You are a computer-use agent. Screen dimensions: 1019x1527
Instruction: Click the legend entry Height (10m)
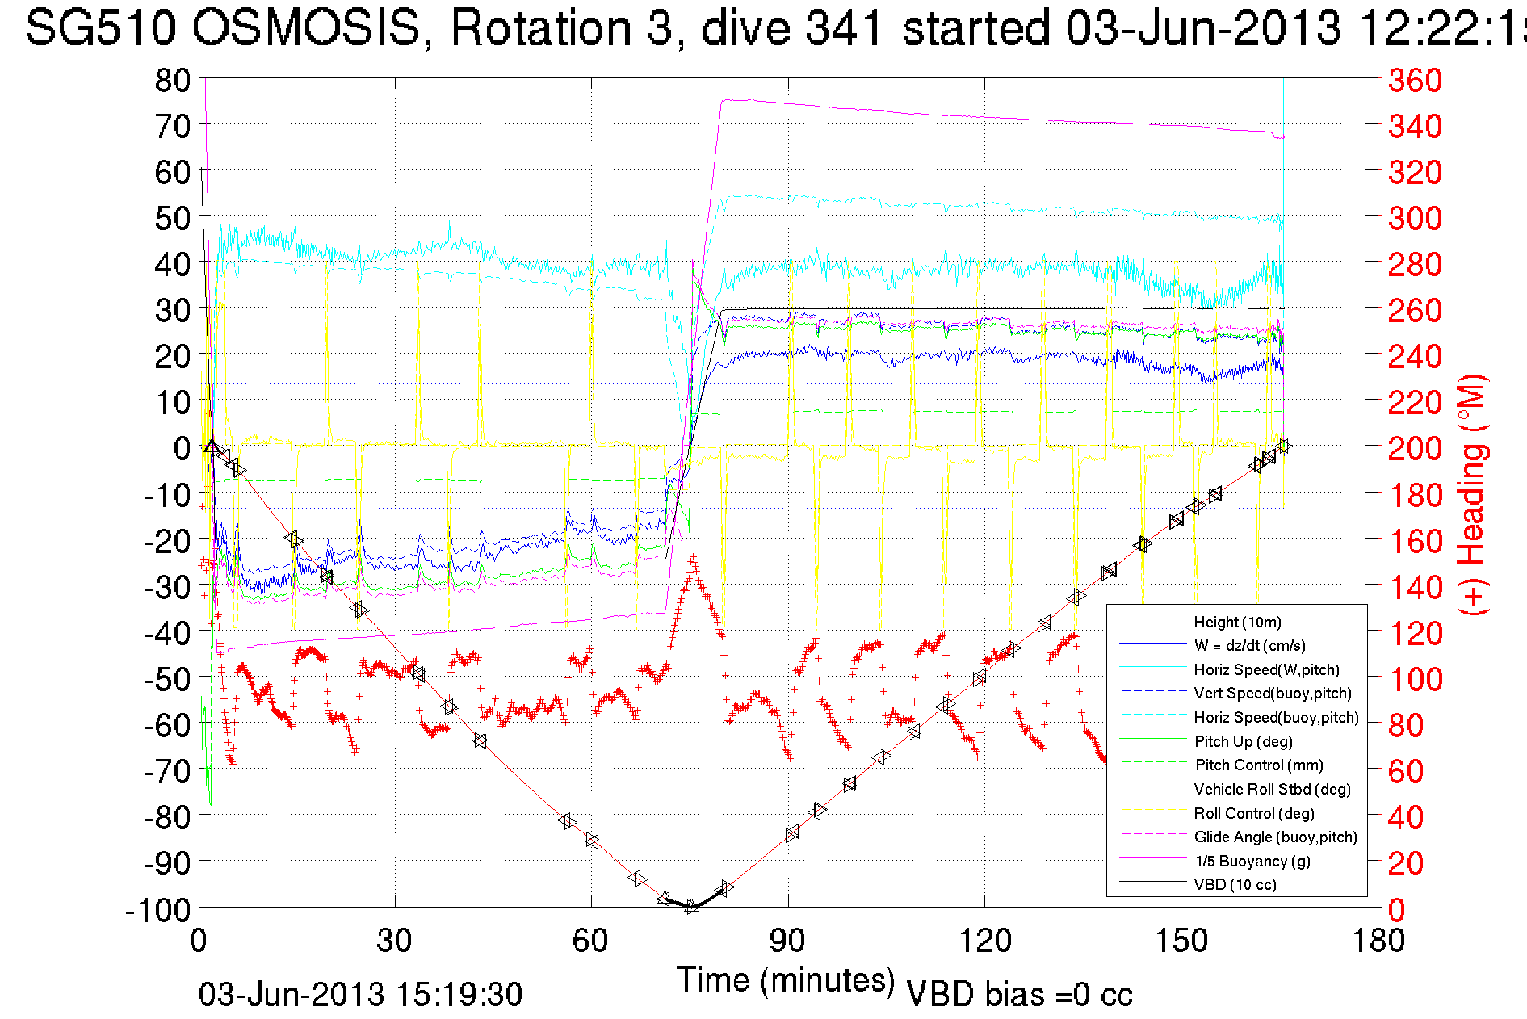click(1237, 622)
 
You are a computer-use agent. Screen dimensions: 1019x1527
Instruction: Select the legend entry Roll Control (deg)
click(1254, 813)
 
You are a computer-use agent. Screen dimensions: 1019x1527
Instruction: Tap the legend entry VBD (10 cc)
click(1235, 884)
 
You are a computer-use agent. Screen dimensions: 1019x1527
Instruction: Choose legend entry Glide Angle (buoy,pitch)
click(1275, 837)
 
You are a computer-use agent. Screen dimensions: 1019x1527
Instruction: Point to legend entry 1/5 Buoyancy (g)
click(1252, 861)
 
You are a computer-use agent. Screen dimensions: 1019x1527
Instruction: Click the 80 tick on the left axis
click(172, 80)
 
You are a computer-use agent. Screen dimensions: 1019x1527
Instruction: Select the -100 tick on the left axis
click(158, 910)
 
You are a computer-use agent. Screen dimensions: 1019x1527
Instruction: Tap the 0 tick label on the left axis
click(182, 448)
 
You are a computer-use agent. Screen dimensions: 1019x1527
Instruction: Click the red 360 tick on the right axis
click(1415, 80)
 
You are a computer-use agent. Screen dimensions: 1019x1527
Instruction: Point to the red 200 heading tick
click(1415, 448)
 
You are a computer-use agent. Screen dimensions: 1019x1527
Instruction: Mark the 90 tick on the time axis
click(787, 941)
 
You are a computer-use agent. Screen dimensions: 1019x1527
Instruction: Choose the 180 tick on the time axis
click(1378, 941)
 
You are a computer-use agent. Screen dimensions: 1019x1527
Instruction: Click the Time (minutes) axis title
click(786, 980)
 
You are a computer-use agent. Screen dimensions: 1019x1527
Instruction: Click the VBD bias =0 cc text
click(1019, 995)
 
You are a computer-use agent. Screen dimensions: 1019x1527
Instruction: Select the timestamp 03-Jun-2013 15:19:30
click(360, 995)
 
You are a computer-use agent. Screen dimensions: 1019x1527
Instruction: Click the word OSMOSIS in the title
click(307, 27)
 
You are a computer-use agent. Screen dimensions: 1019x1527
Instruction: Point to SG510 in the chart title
click(100, 27)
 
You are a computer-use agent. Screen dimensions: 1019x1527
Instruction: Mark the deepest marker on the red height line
click(691, 906)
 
